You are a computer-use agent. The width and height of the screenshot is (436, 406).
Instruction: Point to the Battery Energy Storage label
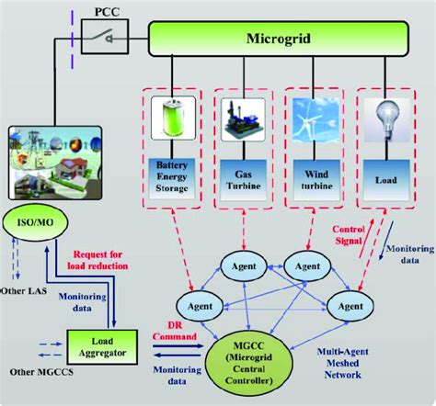(172, 176)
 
